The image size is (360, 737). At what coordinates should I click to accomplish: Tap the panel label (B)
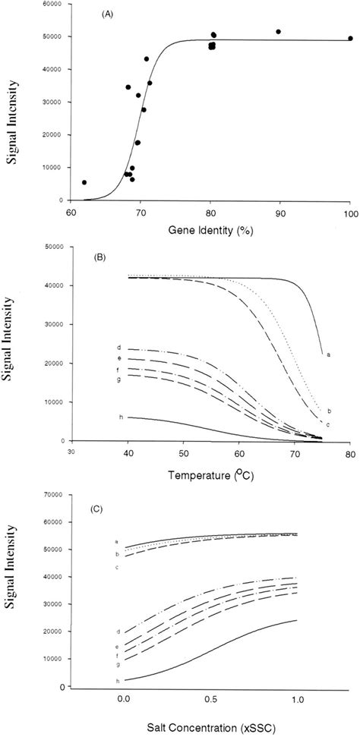pos(99,257)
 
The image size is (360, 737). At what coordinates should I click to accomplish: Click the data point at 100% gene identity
pos(350,38)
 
